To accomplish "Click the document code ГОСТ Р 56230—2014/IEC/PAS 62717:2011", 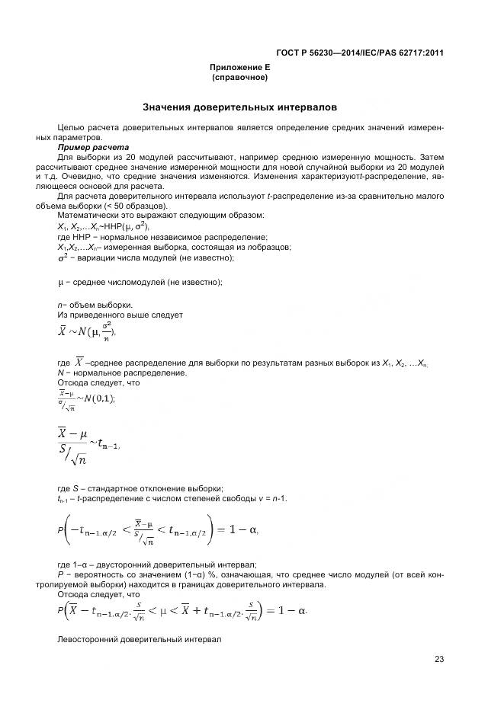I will point(360,53).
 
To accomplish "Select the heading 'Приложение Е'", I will point(240,68).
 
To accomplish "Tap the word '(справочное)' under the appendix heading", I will point(240,78).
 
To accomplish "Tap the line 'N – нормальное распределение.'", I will point(122,373).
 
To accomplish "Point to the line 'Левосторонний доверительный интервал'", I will point(140,641).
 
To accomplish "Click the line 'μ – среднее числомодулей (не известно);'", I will point(140,283).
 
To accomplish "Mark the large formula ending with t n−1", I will point(88,444).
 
